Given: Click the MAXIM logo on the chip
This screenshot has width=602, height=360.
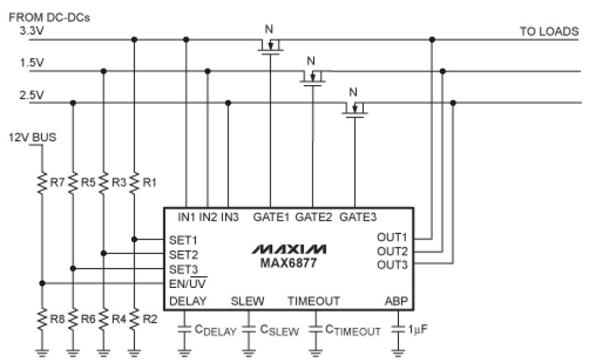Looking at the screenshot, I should (289, 249).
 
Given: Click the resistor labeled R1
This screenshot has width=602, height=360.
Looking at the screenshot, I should (134, 183).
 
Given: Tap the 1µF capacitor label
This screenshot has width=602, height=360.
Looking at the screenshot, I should (418, 331).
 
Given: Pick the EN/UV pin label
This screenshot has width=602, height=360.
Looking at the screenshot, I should (187, 283).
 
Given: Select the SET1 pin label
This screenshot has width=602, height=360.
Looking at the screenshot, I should (184, 239).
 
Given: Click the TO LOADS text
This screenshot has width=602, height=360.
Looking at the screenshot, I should (549, 32).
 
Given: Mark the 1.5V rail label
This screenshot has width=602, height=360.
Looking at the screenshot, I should (31, 63).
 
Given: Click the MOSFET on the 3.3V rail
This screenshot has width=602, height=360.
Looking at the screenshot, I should (270, 46).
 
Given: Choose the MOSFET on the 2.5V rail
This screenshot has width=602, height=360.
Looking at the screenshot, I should (355, 109).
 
